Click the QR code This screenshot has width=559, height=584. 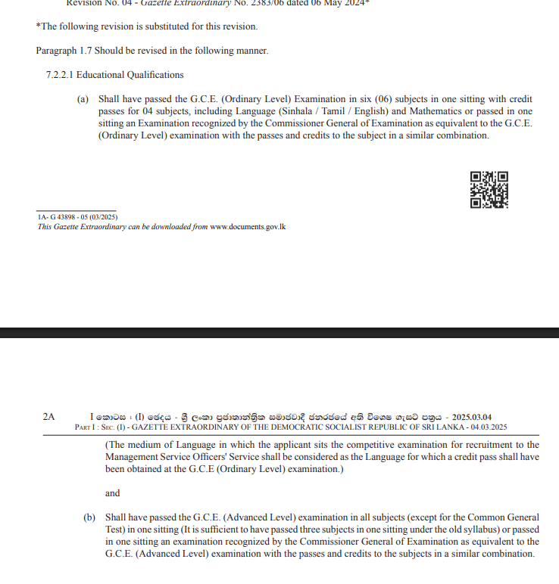pyautogui.click(x=489, y=190)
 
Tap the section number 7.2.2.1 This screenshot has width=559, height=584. pyautogui.click(x=60, y=75)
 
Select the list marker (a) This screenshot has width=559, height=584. pyautogui.click(x=83, y=99)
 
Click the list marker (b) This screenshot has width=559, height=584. pyautogui.click(x=89, y=517)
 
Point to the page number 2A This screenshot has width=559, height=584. pyautogui.click(x=49, y=416)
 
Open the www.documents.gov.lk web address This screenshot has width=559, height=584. pyautogui.click(x=248, y=226)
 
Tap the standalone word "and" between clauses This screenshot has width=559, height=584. pyautogui.click(x=113, y=493)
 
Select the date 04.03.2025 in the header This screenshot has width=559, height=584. pyautogui.click(x=486, y=427)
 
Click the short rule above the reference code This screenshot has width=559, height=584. pyautogui.click(x=77, y=211)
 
